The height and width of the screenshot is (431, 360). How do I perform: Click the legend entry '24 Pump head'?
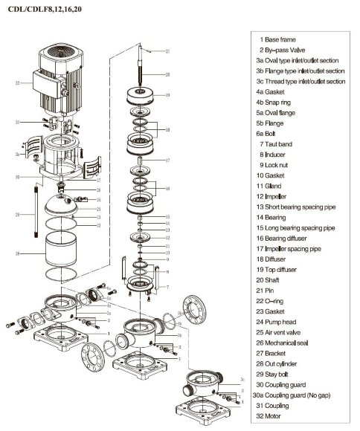click(282, 320)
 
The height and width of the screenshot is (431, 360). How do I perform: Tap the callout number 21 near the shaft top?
click(167, 51)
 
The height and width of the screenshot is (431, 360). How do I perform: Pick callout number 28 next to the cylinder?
click(17, 253)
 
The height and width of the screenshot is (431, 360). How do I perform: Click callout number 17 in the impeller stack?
click(167, 160)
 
